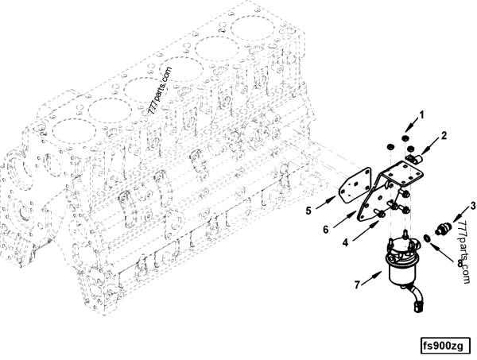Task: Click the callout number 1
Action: (x=421, y=115)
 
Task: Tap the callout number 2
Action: (x=444, y=136)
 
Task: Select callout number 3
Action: (x=473, y=206)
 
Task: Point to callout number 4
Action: (x=345, y=242)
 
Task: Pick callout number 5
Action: (x=308, y=211)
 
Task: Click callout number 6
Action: (x=326, y=230)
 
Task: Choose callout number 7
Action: (x=358, y=285)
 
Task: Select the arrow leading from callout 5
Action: (x=326, y=203)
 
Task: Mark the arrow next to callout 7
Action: (x=372, y=277)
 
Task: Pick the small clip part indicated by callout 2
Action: (x=413, y=158)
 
